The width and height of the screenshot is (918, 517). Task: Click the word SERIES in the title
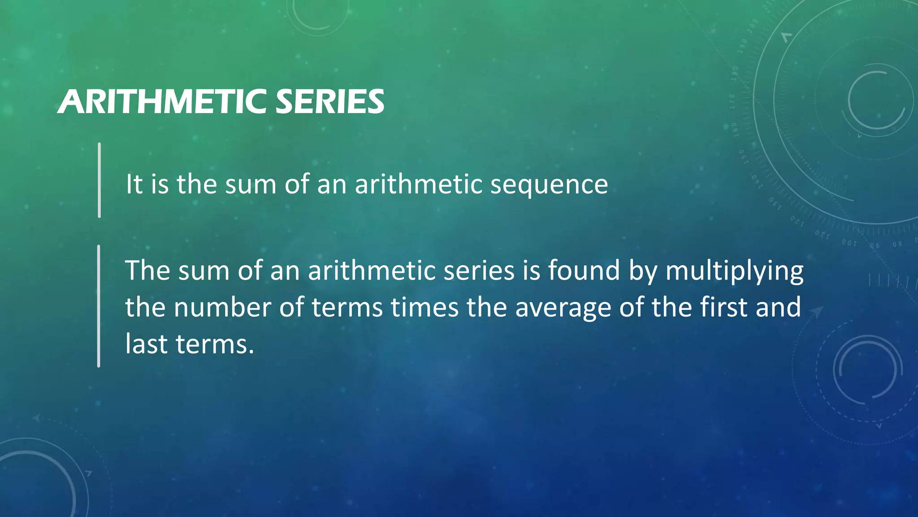(329, 102)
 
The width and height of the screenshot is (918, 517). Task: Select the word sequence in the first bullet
(549, 184)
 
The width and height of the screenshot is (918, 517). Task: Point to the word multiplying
(734, 272)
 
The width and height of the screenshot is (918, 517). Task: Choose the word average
(563, 308)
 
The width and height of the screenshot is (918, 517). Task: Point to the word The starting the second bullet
(147, 271)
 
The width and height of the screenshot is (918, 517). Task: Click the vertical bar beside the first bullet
(99, 180)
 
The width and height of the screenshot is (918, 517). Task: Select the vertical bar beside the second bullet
(99, 306)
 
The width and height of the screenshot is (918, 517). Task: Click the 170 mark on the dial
(732, 102)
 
